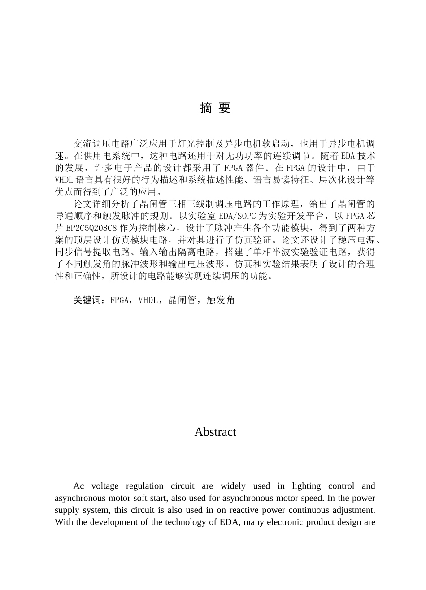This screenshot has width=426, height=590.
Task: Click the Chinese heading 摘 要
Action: point(215,108)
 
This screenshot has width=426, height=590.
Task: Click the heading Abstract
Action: point(215,432)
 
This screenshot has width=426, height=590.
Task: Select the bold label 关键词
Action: point(89,300)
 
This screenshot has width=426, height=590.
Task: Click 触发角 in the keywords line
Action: point(221,300)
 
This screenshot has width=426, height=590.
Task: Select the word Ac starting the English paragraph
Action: point(78,486)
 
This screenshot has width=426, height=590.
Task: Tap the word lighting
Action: point(306,486)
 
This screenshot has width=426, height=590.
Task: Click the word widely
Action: point(233,486)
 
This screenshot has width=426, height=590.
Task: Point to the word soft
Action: point(143,498)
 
